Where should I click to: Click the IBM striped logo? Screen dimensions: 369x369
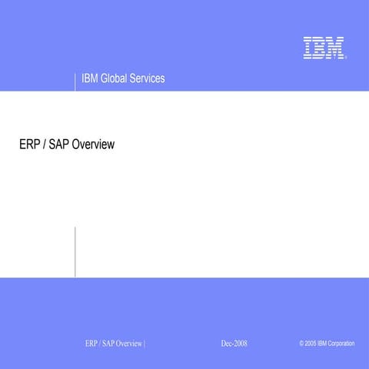[323, 48]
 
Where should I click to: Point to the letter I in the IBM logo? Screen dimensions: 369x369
[307, 48]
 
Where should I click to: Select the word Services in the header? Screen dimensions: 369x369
[150, 79]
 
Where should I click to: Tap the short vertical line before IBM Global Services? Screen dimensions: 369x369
[75, 81]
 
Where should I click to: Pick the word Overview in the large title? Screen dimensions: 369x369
[93, 144]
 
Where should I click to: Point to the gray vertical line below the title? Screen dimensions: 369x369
[75, 251]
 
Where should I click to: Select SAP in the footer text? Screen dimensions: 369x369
[109, 343]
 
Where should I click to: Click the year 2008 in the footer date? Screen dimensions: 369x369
[240, 343]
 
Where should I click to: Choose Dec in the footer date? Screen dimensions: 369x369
[226, 343]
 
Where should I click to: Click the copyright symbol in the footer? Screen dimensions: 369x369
[302, 343]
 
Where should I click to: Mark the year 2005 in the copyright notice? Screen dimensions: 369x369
[311, 343]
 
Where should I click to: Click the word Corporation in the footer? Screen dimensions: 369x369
[341, 343]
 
